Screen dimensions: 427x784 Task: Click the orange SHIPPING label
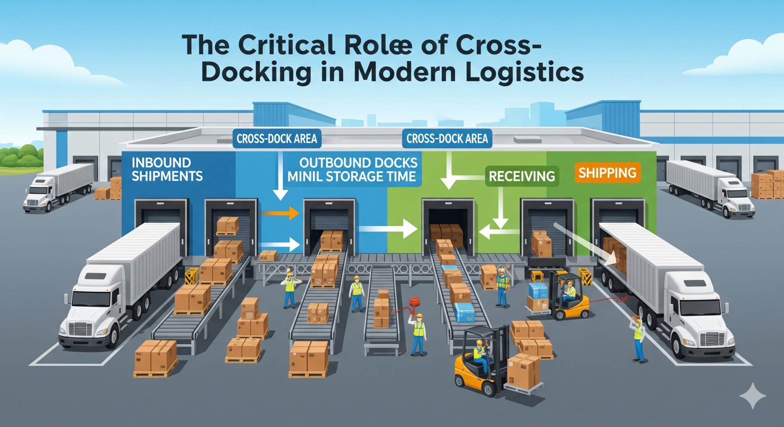tap(607, 173)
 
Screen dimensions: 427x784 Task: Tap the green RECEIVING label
tap(521, 176)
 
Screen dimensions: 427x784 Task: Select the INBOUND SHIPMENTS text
tap(167, 169)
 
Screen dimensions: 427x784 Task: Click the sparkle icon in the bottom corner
tap(752, 396)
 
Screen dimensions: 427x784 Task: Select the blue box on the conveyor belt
tap(464, 312)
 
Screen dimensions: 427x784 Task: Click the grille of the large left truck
tap(80, 329)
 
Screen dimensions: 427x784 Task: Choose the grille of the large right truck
tap(712, 339)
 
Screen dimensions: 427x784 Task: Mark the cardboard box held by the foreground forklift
tap(523, 371)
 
